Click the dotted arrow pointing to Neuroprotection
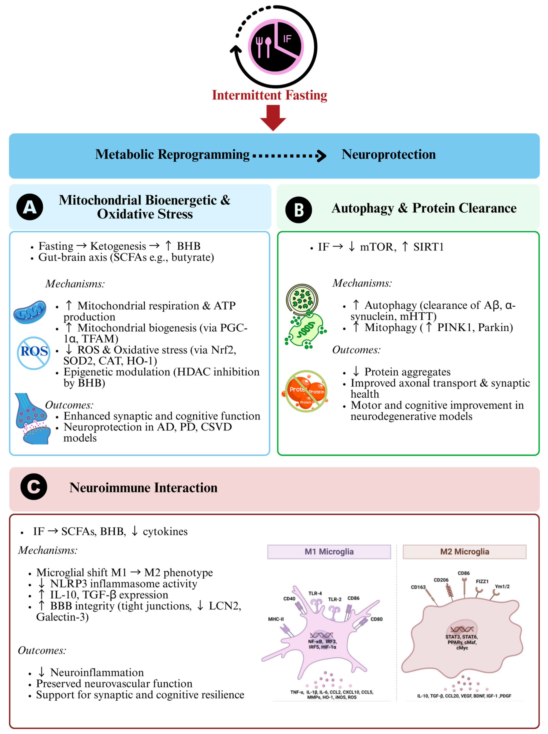pos(289,155)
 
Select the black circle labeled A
pos(30,207)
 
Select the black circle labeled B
pos(299,210)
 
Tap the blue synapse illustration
pos(32,419)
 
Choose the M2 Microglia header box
pos(464,552)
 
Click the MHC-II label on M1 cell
pos(276,619)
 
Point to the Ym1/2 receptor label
pos(502,586)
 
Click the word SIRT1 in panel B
pos(428,247)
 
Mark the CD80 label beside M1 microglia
pos(377,619)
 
